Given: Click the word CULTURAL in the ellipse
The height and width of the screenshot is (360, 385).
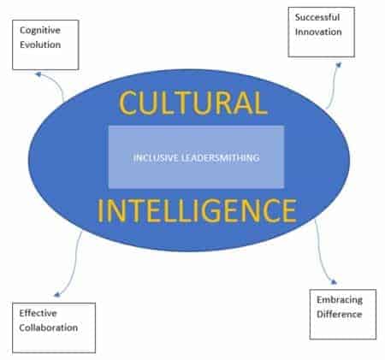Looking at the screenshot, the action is (x=193, y=103).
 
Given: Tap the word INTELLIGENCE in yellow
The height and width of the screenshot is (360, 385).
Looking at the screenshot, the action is (x=197, y=210).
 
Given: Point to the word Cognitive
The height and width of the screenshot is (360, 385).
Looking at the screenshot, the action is (x=40, y=30).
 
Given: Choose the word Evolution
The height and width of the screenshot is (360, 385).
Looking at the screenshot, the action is (x=40, y=44).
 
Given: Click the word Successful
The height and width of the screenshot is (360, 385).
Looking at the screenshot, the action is (x=317, y=17).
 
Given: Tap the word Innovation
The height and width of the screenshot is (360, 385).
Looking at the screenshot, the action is (x=318, y=32).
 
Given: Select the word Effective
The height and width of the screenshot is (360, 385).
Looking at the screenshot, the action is (x=38, y=313).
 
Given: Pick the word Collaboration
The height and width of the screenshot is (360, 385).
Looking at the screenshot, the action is (x=49, y=328).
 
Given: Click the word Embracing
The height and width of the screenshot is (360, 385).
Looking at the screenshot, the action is (x=340, y=300).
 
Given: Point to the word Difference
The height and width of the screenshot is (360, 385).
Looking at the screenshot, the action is (x=340, y=314).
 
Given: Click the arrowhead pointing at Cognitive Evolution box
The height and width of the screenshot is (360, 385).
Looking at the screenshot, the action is (x=38, y=74).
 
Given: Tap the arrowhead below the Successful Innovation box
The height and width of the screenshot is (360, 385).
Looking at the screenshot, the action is (x=338, y=65).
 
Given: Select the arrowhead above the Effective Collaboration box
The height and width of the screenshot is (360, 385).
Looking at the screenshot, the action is (x=57, y=294).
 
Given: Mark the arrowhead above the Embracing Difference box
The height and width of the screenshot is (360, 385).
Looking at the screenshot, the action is (x=334, y=282).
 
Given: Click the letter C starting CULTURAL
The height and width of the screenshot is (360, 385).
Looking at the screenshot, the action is (x=128, y=103).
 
